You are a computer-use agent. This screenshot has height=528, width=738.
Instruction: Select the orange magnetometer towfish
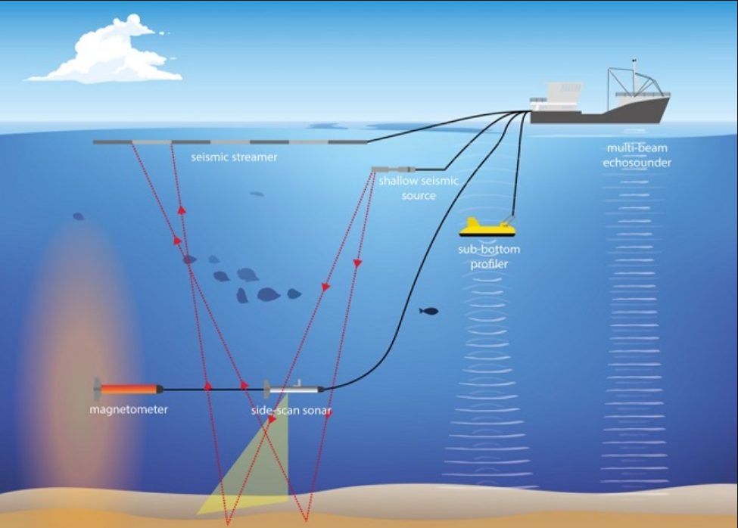pyautogui.click(x=129, y=389)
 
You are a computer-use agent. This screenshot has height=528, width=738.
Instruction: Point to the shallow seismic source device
pyautogui.click(x=394, y=170)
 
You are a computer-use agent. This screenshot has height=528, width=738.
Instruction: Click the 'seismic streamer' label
pyautogui.click(x=234, y=157)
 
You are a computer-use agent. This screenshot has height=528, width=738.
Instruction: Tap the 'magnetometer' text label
pyautogui.click(x=128, y=409)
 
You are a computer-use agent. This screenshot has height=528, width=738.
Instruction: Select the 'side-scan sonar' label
pyautogui.click(x=291, y=411)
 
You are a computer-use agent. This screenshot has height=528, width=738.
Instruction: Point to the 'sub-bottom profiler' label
pyautogui.click(x=488, y=256)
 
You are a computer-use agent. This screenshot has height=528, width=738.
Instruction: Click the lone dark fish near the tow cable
pyautogui.click(x=429, y=310)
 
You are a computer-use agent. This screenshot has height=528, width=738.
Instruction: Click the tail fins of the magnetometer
pyautogui.click(x=97, y=388)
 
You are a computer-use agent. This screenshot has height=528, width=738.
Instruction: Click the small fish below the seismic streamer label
pyautogui.click(x=257, y=194)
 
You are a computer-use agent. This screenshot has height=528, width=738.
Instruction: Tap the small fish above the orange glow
pyautogui.click(x=78, y=216)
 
